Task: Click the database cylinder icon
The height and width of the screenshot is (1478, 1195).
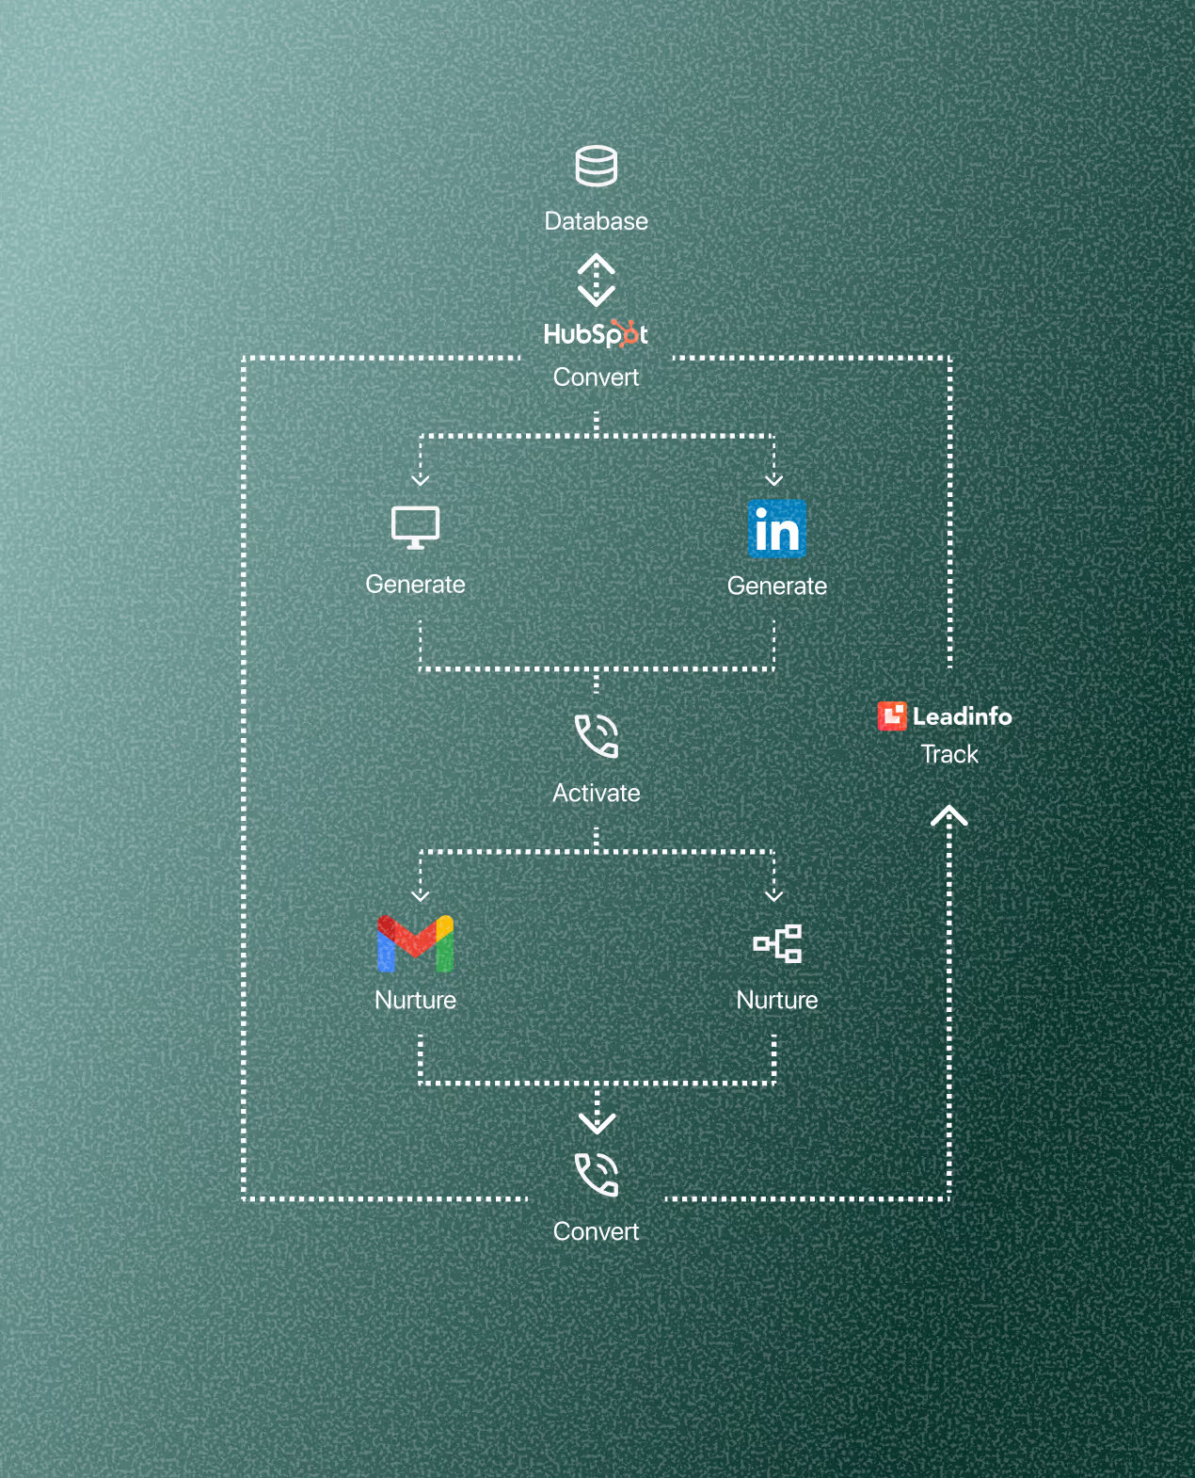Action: [596, 166]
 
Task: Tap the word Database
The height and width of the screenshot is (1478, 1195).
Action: [596, 221]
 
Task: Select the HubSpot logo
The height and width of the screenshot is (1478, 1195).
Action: [596, 334]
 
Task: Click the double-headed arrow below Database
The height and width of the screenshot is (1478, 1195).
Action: [596, 280]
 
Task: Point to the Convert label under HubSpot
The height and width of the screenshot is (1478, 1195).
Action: [596, 378]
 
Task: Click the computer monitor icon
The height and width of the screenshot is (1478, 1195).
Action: [415, 527]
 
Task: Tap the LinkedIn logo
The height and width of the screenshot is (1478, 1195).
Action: [777, 529]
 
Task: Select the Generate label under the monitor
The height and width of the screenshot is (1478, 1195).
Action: [415, 585]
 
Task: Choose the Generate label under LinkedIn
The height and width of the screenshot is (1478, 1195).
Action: [777, 586]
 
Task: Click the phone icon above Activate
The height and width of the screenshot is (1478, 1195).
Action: [597, 736]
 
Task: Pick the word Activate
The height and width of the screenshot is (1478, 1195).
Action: [596, 794]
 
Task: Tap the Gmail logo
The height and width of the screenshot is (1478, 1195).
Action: [415, 943]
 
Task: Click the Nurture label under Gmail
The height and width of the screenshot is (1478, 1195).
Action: [415, 1000]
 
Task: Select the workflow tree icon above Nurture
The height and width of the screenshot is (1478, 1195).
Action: [777, 943]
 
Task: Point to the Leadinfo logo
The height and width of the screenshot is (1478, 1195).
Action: [945, 716]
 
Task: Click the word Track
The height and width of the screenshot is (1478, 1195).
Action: [949, 755]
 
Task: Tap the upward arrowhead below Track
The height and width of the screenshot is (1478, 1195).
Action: [949, 815]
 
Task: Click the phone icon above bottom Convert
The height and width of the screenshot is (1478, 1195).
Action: [597, 1175]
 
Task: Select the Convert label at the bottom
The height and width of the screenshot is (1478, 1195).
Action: [596, 1231]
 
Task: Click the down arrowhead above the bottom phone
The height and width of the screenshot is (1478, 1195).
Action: [597, 1122]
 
